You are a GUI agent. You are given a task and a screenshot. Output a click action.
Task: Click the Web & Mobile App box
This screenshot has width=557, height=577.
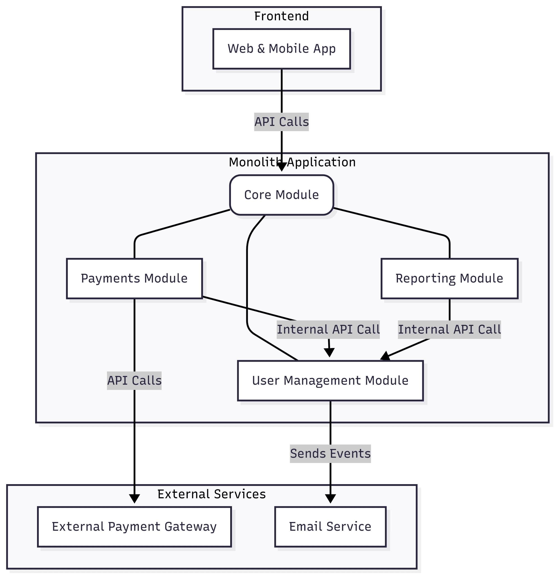[281, 49]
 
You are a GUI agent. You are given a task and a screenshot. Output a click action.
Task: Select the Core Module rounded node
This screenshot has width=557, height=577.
[281, 195]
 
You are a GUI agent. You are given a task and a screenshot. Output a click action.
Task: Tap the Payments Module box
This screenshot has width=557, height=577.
[134, 279]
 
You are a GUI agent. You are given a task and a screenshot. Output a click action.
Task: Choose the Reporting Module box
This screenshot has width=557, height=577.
[449, 279]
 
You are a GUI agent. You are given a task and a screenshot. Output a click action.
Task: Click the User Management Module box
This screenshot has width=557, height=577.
[330, 381]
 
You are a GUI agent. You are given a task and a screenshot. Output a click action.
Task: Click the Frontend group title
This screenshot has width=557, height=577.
[281, 16]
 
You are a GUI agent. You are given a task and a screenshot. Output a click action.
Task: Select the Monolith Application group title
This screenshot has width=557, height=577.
[292, 162]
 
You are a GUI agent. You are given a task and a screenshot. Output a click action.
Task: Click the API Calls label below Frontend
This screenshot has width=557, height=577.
[281, 122]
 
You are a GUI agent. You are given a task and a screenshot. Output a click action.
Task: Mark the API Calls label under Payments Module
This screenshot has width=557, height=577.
[134, 381]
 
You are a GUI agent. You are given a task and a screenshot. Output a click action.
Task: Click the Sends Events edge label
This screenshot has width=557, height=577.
[330, 454]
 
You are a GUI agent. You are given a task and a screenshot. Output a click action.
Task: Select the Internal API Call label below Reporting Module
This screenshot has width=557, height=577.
[449, 330]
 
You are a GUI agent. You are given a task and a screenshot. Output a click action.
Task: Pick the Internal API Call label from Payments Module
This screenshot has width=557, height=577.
[328, 330]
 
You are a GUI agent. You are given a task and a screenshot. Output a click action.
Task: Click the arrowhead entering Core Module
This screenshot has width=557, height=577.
[281, 167]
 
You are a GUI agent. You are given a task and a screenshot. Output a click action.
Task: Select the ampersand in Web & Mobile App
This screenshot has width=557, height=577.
[261, 49]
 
